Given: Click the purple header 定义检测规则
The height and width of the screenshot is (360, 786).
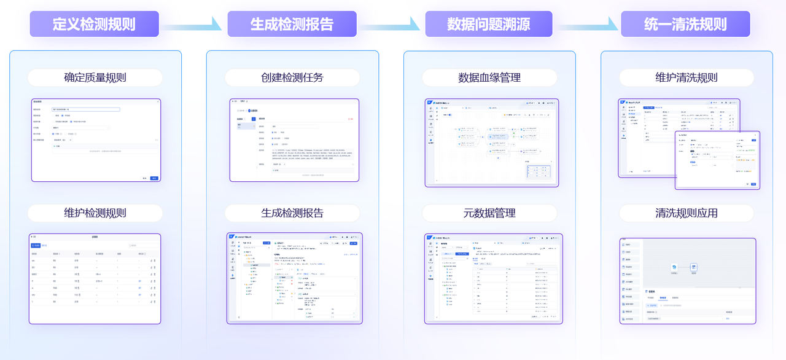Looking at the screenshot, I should [x=94, y=24].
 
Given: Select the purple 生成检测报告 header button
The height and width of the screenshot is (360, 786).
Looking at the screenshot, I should [x=292, y=24].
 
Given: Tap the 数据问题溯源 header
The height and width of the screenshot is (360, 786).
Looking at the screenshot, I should [x=489, y=24].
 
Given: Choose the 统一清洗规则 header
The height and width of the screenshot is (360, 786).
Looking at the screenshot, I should [x=685, y=24].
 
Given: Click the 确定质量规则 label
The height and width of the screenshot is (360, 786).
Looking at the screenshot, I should [x=95, y=77].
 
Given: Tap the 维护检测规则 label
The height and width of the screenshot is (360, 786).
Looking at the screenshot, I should [x=95, y=213].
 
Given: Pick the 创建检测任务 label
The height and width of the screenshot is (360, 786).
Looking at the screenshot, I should [x=292, y=77].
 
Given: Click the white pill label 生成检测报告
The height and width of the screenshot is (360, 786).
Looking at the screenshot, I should [x=292, y=213].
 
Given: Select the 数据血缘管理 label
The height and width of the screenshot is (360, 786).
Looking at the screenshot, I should [x=489, y=77].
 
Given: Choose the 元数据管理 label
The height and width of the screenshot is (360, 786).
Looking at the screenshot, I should [x=489, y=213].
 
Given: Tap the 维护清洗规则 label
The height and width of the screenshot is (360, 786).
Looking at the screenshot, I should [x=687, y=77].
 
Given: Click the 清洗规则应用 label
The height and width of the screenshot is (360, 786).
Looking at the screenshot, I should [x=687, y=213].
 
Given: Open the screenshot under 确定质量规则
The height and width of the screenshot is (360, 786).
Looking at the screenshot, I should [x=95, y=140].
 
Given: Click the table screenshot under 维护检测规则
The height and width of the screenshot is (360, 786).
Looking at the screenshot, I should [x=95, y=278].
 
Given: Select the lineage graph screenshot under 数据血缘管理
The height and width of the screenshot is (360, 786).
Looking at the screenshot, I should [x=491, y=143].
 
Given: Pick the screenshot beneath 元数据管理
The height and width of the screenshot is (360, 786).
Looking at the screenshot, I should [x=493, y=278].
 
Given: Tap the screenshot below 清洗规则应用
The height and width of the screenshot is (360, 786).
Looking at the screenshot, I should [x=688, y=281].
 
